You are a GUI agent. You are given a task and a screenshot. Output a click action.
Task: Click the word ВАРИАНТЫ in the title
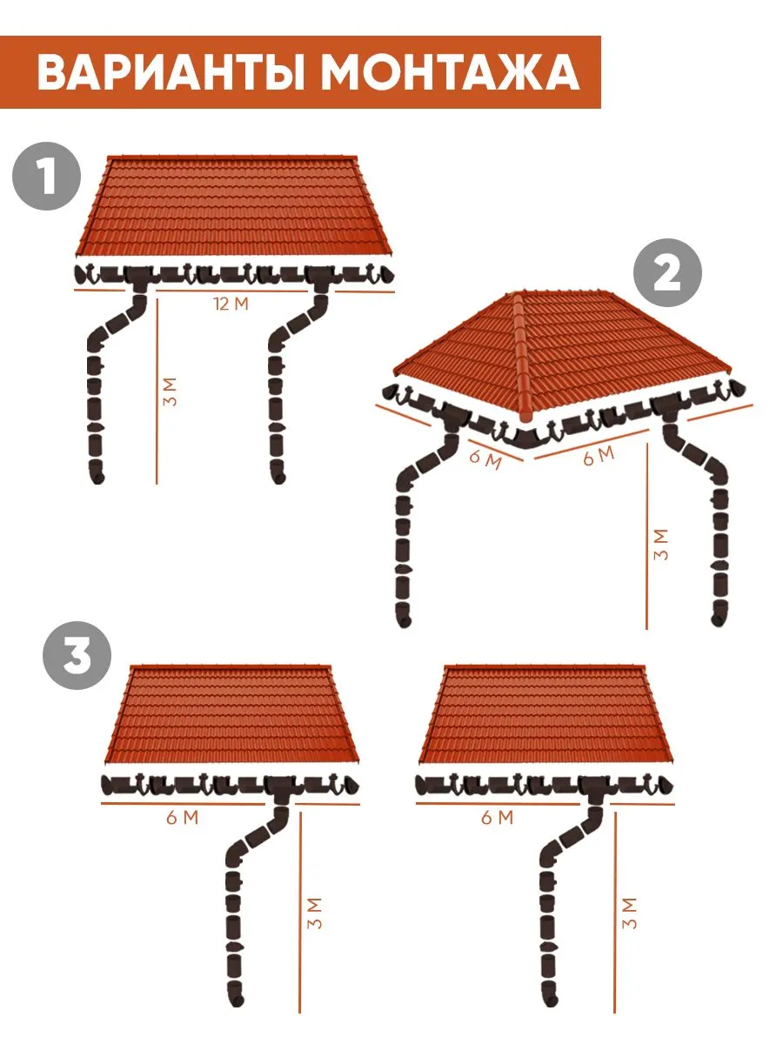point(171,73)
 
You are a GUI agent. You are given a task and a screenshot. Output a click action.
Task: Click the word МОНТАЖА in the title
point(452,73)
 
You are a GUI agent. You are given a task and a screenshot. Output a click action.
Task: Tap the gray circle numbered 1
point(47,177)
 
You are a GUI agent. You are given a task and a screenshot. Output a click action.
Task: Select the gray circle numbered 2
point(667,272)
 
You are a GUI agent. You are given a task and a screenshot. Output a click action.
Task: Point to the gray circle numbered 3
point(77,655)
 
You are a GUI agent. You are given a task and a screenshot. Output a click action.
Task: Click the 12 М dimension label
point(231,304)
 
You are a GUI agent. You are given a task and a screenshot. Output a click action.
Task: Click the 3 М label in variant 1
point(170,391)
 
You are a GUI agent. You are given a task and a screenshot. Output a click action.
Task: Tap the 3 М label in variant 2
point(661,544)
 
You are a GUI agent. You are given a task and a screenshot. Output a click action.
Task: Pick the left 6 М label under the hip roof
point(485,458)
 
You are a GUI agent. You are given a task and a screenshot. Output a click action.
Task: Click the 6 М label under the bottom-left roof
point(183,817)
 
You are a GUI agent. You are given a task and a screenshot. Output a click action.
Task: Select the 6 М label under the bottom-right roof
point(498,817)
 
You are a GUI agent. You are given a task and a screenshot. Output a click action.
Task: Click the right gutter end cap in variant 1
point(387,274)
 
